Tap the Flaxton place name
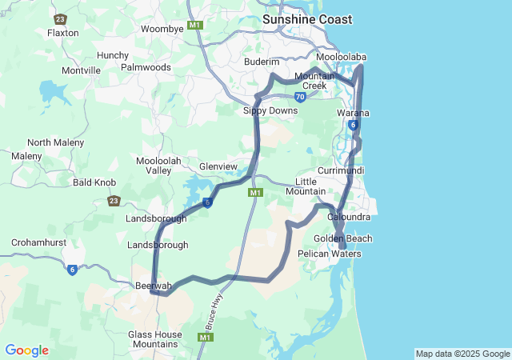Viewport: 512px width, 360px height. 63,33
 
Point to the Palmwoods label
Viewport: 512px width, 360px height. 146,67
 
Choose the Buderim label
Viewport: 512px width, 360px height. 262,62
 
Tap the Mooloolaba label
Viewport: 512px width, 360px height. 341,58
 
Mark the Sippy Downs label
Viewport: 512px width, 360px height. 270,110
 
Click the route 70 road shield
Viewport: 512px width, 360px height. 299,97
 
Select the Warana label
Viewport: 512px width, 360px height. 353,113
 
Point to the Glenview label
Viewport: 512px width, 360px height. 218,166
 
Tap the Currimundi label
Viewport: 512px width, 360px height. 341,171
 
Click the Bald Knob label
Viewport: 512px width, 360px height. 94,182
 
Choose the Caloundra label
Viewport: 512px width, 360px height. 349,217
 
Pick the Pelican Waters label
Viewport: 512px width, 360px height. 330,254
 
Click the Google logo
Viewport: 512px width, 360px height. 26,350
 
